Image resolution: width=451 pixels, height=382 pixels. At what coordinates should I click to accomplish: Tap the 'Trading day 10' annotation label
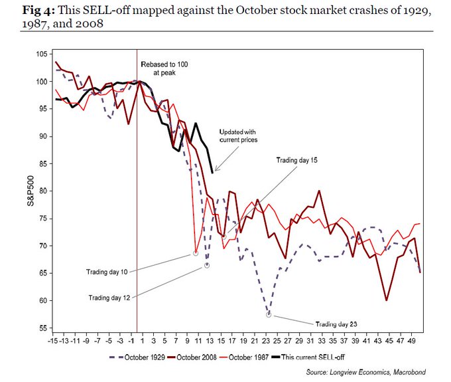[108, 272]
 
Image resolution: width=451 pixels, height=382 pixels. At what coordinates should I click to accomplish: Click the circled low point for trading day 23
[269, 315]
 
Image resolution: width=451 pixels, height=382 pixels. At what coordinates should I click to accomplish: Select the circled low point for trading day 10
[196, 253]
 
